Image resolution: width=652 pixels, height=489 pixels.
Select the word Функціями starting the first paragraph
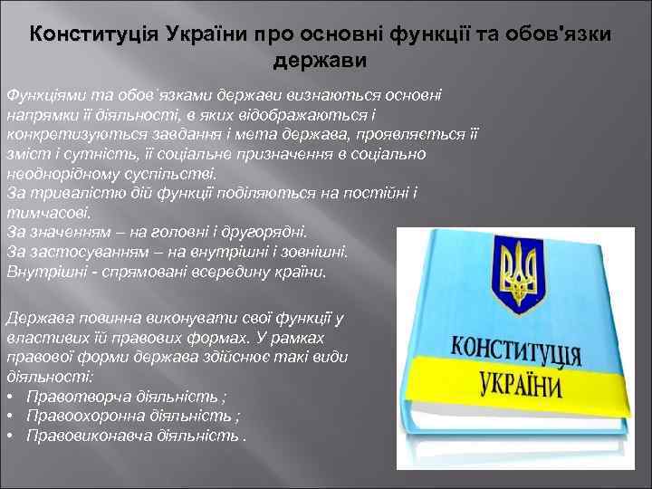click(42, 93)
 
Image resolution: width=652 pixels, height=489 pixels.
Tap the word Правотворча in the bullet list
click(76, 396)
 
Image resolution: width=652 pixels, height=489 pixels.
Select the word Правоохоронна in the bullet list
click(85, 416)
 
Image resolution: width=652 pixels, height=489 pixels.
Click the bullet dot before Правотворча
click(9, 396)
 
